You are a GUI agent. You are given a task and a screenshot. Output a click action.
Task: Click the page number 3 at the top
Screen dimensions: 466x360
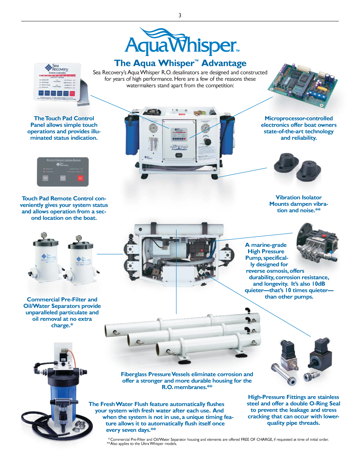pos(180,15)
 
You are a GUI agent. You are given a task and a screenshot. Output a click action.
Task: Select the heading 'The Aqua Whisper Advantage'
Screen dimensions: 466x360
pos(180,63)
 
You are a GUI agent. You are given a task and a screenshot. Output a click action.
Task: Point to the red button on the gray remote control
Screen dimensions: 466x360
pos(80,178)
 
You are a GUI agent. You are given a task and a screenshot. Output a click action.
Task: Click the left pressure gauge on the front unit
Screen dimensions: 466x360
pos(153,128)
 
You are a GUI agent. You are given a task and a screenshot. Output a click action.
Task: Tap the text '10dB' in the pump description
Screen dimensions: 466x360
pos(318,284)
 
